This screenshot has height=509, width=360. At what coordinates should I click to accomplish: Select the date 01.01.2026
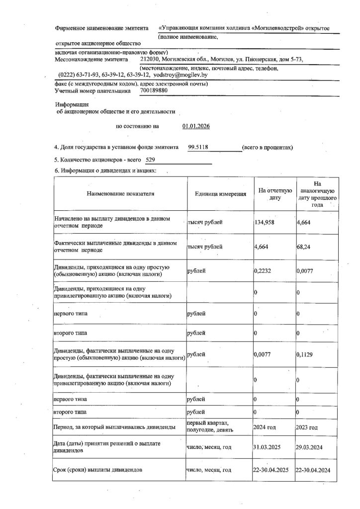pos(196,126)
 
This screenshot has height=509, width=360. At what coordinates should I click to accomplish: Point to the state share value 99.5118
pos(199,148)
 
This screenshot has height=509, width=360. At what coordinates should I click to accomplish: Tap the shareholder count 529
pos(151,160)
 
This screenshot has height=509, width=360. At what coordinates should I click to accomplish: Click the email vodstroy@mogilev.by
pos(180,74)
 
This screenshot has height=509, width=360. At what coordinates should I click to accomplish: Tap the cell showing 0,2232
pos(262,271)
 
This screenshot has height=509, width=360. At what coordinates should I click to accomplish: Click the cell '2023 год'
pos(307,427)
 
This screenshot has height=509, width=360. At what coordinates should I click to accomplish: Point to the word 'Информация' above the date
pos(72,105)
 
